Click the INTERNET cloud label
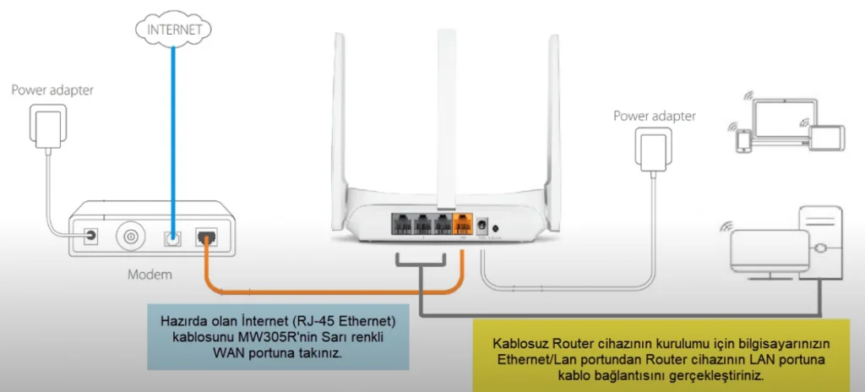pos(174,29)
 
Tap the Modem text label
pos(150,275)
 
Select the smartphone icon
pos(743,141)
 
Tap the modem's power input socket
pos(89,238)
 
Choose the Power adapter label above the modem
pos(52,90)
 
